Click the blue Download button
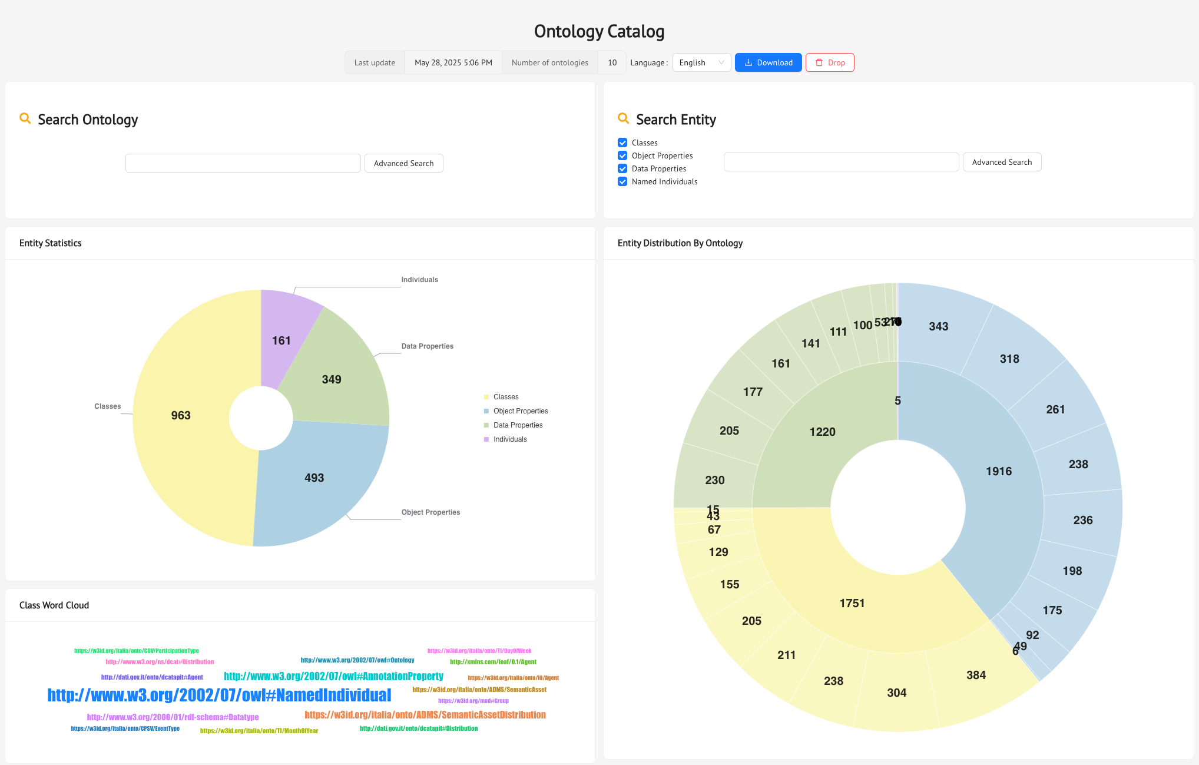(768, 62)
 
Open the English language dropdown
(701, 62)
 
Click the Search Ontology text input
(243, 163)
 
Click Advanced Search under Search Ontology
(403, 163)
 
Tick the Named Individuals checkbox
(622, 181)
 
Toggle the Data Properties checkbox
(622, 168)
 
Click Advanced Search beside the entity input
(1001, 162)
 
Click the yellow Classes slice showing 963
(183, 424)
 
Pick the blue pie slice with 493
(318, 477)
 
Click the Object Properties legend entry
(520, 411)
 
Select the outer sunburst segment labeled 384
(976, 675)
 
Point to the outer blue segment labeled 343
(938, 326)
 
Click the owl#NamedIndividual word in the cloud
(219, 696)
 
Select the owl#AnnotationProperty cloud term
(333, 676)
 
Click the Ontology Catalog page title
(599, 31)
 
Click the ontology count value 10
(612, 62)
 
